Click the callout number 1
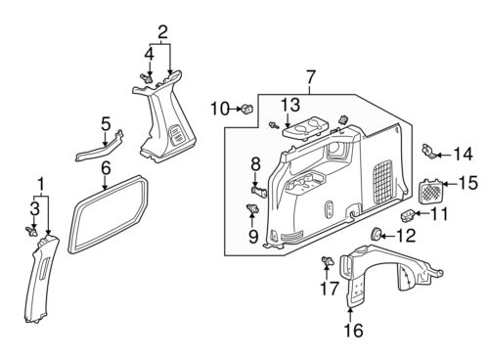[x=40, y=184]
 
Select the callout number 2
[x=163, y=30]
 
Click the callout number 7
[x=311, y=75]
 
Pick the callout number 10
[x=219, y=107]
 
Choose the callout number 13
[x=291, y=105]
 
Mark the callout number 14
[x=463, y=153]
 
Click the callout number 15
[x=467, y=182]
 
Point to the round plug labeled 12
[x=378, y=236]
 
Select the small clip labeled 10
[x=245, y=107]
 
